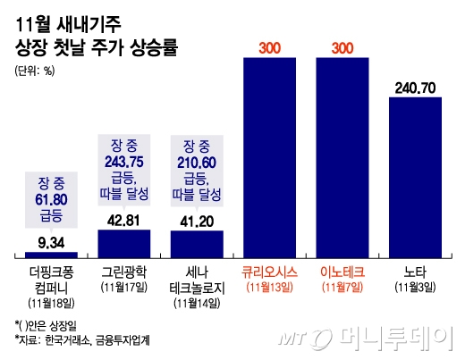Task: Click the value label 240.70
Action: [416, 88]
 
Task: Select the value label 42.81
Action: [123, 220]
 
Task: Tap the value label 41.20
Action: [196, 221]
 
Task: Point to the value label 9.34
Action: [50, 240]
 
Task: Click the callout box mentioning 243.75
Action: [123, 171]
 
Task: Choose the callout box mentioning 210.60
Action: [196, 171]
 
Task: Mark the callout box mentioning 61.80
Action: [50, 197]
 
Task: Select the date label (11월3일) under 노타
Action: [416, 286]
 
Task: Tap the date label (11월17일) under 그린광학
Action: [123, 286]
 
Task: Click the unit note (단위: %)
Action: [35, 71]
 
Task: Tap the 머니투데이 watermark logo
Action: [389, 339]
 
